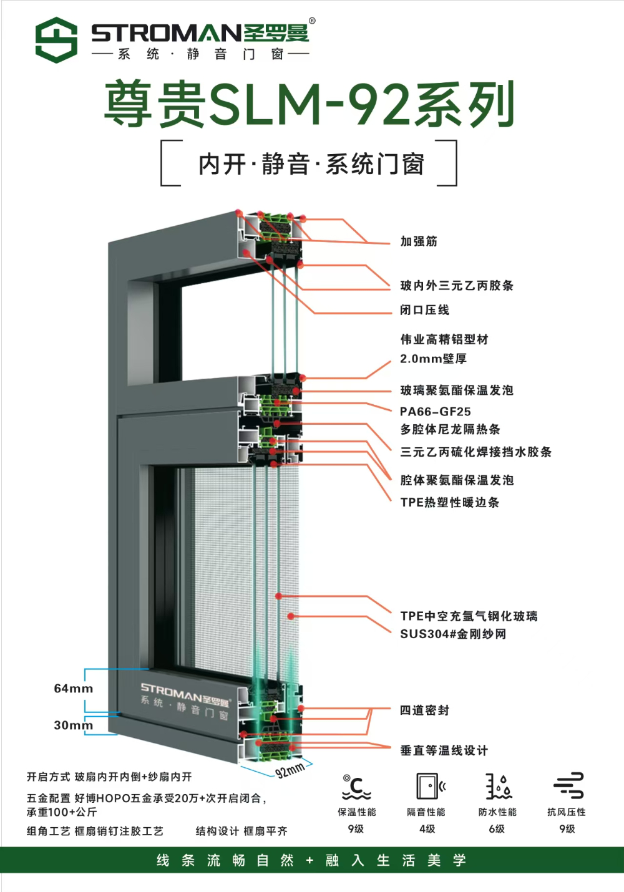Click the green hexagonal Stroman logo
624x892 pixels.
pyautogui.click(x=56, y=40)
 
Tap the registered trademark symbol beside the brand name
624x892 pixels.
pyautogui.click(x=312, y=21)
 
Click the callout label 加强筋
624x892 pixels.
pyautogui.click(x=418, y=241)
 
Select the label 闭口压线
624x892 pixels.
pyautogui.click(x=424, y=310)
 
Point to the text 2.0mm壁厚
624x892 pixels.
pyautogui.click(x=433, y=359)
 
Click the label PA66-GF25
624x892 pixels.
pyautogui.click(x=435, y=411)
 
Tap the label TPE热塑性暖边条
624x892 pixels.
pyautogui.click(x=449, y=502)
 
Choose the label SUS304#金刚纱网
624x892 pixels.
pyautogui.click(x=453, y=634)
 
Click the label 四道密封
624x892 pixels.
pyautogui.click(x=424, y=710)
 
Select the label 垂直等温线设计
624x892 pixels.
pyautogui.click(x=444, y=750)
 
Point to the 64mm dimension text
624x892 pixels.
pyautogui.click(x=73, y=689)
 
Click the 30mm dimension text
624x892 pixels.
pyautogui.click(x=73, y=725)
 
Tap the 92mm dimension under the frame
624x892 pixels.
pyautogui.click(x=290, y=770)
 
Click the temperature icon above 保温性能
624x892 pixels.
pyautogui.click(x=356, y=787)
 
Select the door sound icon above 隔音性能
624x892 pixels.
pyautogui.click(x=431, y=786)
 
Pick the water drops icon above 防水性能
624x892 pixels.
pyautogui.click(x=499, y=787)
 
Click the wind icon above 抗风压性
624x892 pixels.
pyautogui.click(x=568, y=785)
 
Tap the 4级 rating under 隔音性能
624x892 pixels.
pyautogui.click(x=427, y=828)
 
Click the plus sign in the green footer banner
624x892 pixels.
pyautogui.click(x=310, y=861)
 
